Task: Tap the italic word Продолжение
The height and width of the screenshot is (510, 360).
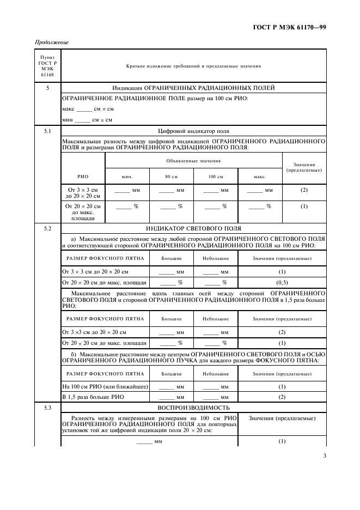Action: [51, 42]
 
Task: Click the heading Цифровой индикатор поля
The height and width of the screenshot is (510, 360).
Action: [193, 131]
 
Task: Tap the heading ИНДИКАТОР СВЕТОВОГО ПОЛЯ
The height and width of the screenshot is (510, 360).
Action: [193, 228]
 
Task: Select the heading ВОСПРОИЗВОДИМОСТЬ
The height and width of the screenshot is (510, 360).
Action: [193, 408]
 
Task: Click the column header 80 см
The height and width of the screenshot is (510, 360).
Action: [172, 177]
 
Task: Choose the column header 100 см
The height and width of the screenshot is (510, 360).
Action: [216, 177]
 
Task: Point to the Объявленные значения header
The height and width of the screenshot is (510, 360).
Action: [193, 161]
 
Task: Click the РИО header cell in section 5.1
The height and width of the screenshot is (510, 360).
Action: [83, 177]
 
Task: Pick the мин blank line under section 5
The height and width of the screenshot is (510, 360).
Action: [81, 120]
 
